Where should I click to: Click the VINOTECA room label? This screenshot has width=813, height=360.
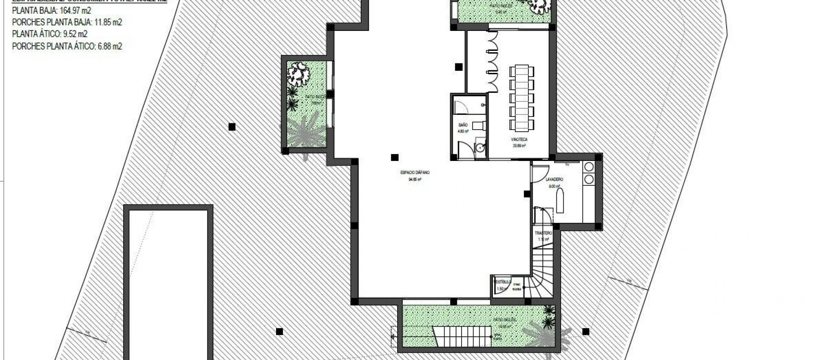(x=520, y=139)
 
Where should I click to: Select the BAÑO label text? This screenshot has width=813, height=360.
(x=463, y=125)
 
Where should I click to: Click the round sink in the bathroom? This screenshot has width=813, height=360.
(x=480, y=148)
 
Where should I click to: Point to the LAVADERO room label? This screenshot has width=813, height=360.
(x=555, y=180)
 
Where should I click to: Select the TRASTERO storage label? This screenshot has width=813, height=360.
(x=543, y=233)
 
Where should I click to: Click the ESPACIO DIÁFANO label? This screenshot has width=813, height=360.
(x=415, y=173)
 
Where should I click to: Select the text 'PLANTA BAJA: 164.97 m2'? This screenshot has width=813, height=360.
(x=51, y=11)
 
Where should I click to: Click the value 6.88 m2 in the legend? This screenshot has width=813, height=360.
(x=110, y=47)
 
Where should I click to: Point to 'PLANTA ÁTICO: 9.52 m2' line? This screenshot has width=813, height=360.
(x=50, y=34)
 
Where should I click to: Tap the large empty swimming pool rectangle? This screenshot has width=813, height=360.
(x=168, y=284)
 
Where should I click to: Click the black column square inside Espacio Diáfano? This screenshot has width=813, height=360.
(x=395, y=158)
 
